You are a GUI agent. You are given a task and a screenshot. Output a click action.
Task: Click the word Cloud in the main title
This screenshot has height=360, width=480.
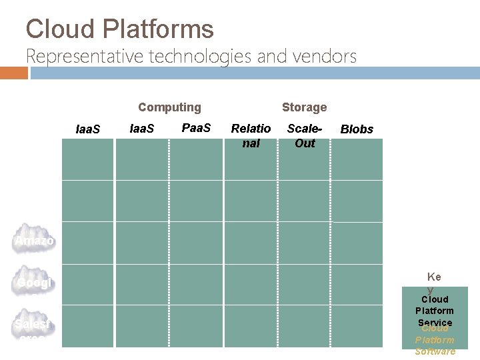(x=61, y=29)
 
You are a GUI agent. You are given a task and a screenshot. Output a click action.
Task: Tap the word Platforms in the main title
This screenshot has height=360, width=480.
(x=158, y=29)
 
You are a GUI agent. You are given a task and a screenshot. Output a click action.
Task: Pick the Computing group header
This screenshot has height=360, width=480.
(x=169, y=107)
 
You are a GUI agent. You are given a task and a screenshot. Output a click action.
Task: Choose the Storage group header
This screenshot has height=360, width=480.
(x=304, y=107)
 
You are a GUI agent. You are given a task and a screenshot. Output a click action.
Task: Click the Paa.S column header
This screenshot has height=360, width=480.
(x=196, y=127)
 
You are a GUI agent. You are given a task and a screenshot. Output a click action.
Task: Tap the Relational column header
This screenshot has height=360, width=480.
(x=251, y=135)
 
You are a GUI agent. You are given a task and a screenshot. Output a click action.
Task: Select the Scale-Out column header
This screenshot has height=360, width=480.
(x=305, y=135)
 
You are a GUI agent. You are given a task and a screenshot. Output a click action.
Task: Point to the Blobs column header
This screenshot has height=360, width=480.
(x=357, y=129)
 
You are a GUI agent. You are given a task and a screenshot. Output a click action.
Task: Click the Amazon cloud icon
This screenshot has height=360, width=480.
(x=35, y=239)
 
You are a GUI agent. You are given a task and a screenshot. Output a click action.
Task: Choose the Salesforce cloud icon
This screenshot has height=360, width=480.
(x=35, y=327)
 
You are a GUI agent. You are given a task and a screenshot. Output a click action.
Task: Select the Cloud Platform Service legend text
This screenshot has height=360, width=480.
(x=434, y=311)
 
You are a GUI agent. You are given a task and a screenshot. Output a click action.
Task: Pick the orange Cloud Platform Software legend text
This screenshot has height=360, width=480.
(x=435, y=340)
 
